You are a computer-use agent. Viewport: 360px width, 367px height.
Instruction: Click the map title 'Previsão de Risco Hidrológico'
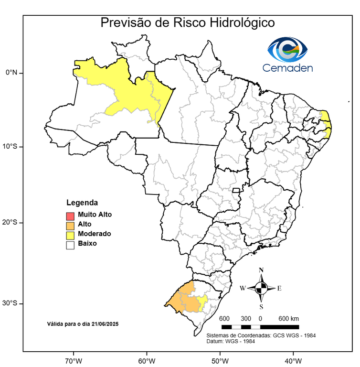click(x=187, y=23)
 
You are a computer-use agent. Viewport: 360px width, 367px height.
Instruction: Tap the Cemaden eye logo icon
click(x=287, y=49)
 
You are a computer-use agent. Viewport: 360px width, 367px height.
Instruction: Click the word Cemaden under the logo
click(x=287, y=68)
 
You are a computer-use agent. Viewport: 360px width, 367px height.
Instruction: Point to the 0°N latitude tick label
click(x=11, y=73)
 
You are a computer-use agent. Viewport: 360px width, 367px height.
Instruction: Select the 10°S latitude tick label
click(x=10, y=146)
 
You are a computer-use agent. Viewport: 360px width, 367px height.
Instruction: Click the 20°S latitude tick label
click(x=10, y=222)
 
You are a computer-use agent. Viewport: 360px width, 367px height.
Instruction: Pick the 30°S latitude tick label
click(x=10, y=303)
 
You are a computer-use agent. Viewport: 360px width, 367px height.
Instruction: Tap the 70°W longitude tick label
click(x=73, y=360)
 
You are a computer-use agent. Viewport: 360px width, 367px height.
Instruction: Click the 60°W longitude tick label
click(x=146, y=360)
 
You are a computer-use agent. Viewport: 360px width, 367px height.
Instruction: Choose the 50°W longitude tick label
click(x=219, y=360)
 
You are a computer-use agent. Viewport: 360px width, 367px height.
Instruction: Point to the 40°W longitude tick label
click(x=292, y=360)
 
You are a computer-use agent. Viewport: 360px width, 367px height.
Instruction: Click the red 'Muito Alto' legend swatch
click(x=70, y=215)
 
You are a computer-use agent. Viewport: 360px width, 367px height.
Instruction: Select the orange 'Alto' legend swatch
click(x=70, y=225)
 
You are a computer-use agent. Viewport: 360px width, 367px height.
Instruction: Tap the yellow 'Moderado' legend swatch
click(x=70, y=234)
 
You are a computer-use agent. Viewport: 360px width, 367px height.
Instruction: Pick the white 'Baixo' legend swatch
click(x=70, y=244)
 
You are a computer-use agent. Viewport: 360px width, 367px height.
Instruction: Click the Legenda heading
click(x=82, y=203)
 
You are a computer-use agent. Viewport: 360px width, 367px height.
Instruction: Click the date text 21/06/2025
click(x=106, y=324)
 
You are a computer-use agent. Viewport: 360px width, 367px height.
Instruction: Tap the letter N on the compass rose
click(x=261, y=270)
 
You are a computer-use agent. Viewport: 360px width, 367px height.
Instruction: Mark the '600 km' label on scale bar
click(x=288, y=318)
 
